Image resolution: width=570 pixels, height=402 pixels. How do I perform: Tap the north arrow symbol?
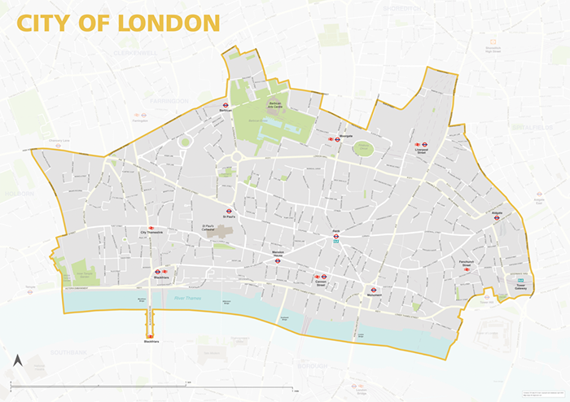coord(17,360)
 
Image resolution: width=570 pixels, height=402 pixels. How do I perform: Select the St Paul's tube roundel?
coord(229,211)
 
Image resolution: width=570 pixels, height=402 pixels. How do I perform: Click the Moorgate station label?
coord(344,136)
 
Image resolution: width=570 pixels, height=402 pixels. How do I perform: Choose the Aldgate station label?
coord(497,213)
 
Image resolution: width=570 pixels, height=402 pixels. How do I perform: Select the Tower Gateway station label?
coord(520,287)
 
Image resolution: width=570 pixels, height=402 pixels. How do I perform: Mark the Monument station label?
coord(374,295)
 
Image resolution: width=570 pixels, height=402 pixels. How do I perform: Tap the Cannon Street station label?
coord(321,283)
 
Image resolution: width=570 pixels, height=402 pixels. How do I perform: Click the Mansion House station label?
coord(277,254)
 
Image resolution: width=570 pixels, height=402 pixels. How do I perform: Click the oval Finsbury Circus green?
coord(362,148)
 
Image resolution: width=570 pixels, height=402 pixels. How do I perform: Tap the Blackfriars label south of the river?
coord(151,342)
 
